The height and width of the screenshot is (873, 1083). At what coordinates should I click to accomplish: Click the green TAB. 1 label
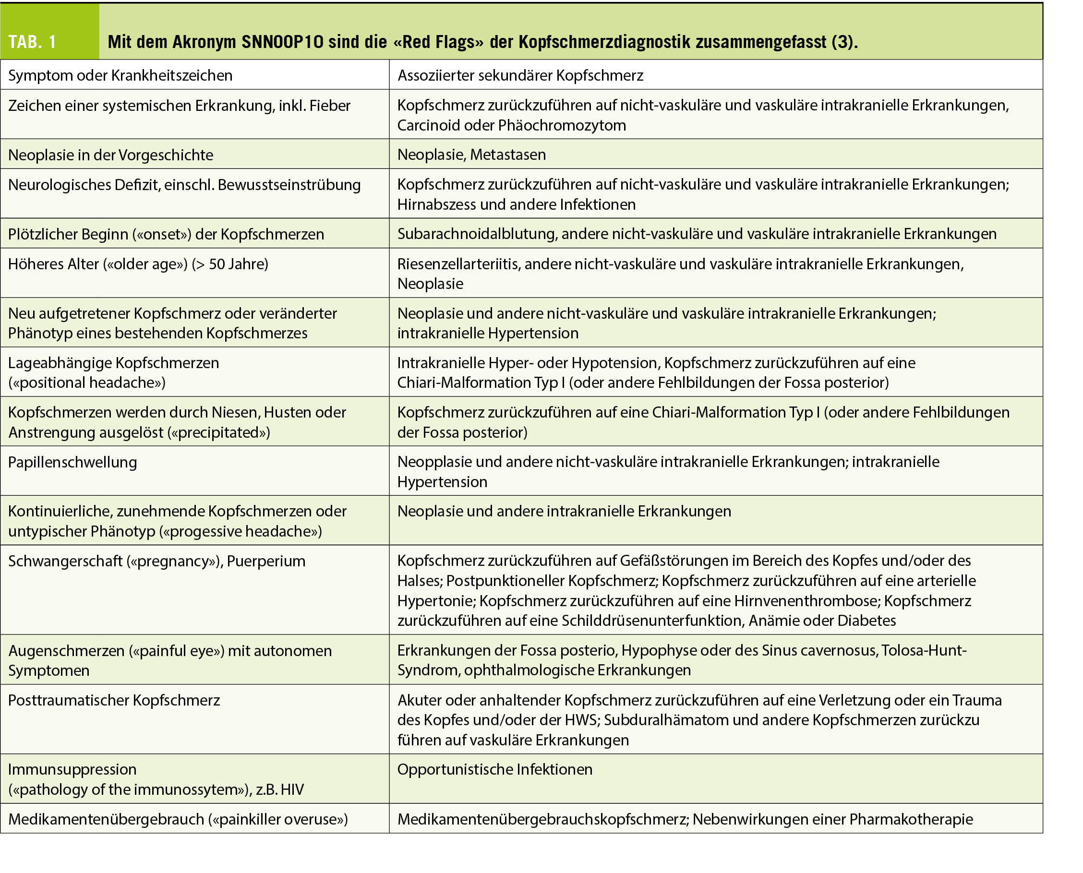tap(32, 42)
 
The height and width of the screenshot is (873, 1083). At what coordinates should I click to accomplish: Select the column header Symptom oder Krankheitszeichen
tap(120, 75)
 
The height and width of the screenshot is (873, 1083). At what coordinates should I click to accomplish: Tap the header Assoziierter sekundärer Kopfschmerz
tap(520, 75)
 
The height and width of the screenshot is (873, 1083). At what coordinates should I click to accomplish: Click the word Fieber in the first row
tap(329, 106)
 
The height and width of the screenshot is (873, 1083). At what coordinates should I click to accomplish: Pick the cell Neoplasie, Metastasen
tap(471, 155)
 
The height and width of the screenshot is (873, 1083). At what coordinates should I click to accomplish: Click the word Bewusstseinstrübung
tap(289, 185)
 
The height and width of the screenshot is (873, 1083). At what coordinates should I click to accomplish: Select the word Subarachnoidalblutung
tap(477, 234)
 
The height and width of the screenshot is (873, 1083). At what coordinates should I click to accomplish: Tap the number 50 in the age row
tap(217, 264)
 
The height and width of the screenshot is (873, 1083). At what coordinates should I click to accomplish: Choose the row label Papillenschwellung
tap(72, 462)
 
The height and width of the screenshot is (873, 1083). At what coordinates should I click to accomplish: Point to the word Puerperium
tap(266, 561)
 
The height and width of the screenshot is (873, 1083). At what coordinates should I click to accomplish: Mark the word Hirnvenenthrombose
tap(806, 601)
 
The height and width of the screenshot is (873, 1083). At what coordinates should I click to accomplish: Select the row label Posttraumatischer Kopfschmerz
tap(114, 700)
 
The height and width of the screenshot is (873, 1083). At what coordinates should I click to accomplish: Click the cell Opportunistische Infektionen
tap(495, 769)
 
